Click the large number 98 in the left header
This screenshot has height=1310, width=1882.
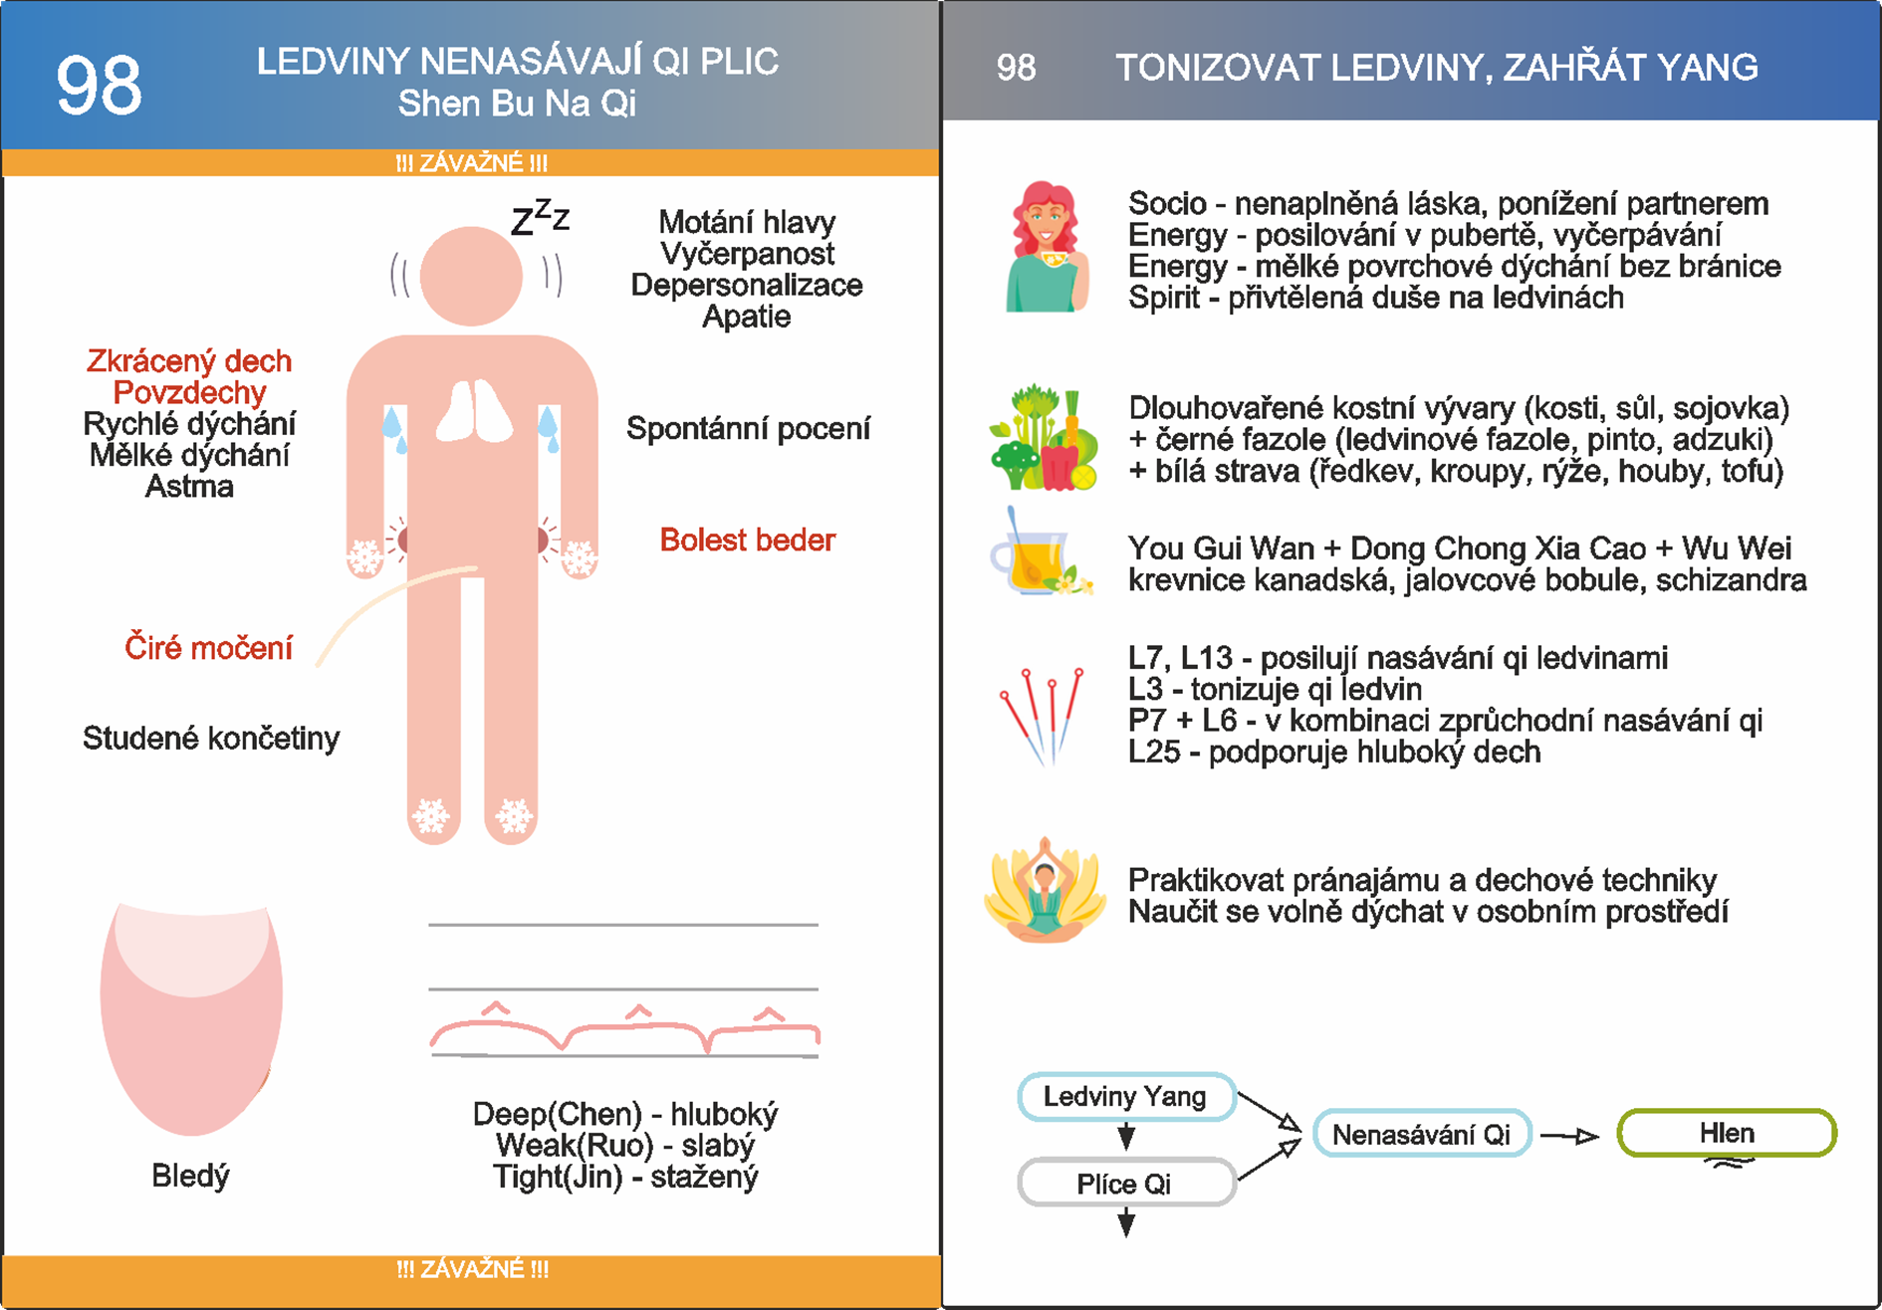99,86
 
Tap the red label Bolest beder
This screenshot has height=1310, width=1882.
747,540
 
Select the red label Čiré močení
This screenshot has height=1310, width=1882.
208,648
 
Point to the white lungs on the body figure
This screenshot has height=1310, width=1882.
474,411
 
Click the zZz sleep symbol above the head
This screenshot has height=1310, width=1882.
540,217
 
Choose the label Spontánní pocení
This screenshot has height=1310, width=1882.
748,428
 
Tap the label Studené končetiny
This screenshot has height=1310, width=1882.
211,738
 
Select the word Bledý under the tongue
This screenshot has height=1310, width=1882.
190,1175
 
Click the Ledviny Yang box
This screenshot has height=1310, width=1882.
1125,1096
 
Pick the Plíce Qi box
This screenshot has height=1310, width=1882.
1125,1183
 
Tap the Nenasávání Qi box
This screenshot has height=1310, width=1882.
1421,1134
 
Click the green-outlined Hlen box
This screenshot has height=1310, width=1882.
1726,1133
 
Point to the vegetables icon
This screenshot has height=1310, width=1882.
1043,438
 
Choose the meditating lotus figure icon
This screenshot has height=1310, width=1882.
1045,890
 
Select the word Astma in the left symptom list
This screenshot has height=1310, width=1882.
189,486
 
